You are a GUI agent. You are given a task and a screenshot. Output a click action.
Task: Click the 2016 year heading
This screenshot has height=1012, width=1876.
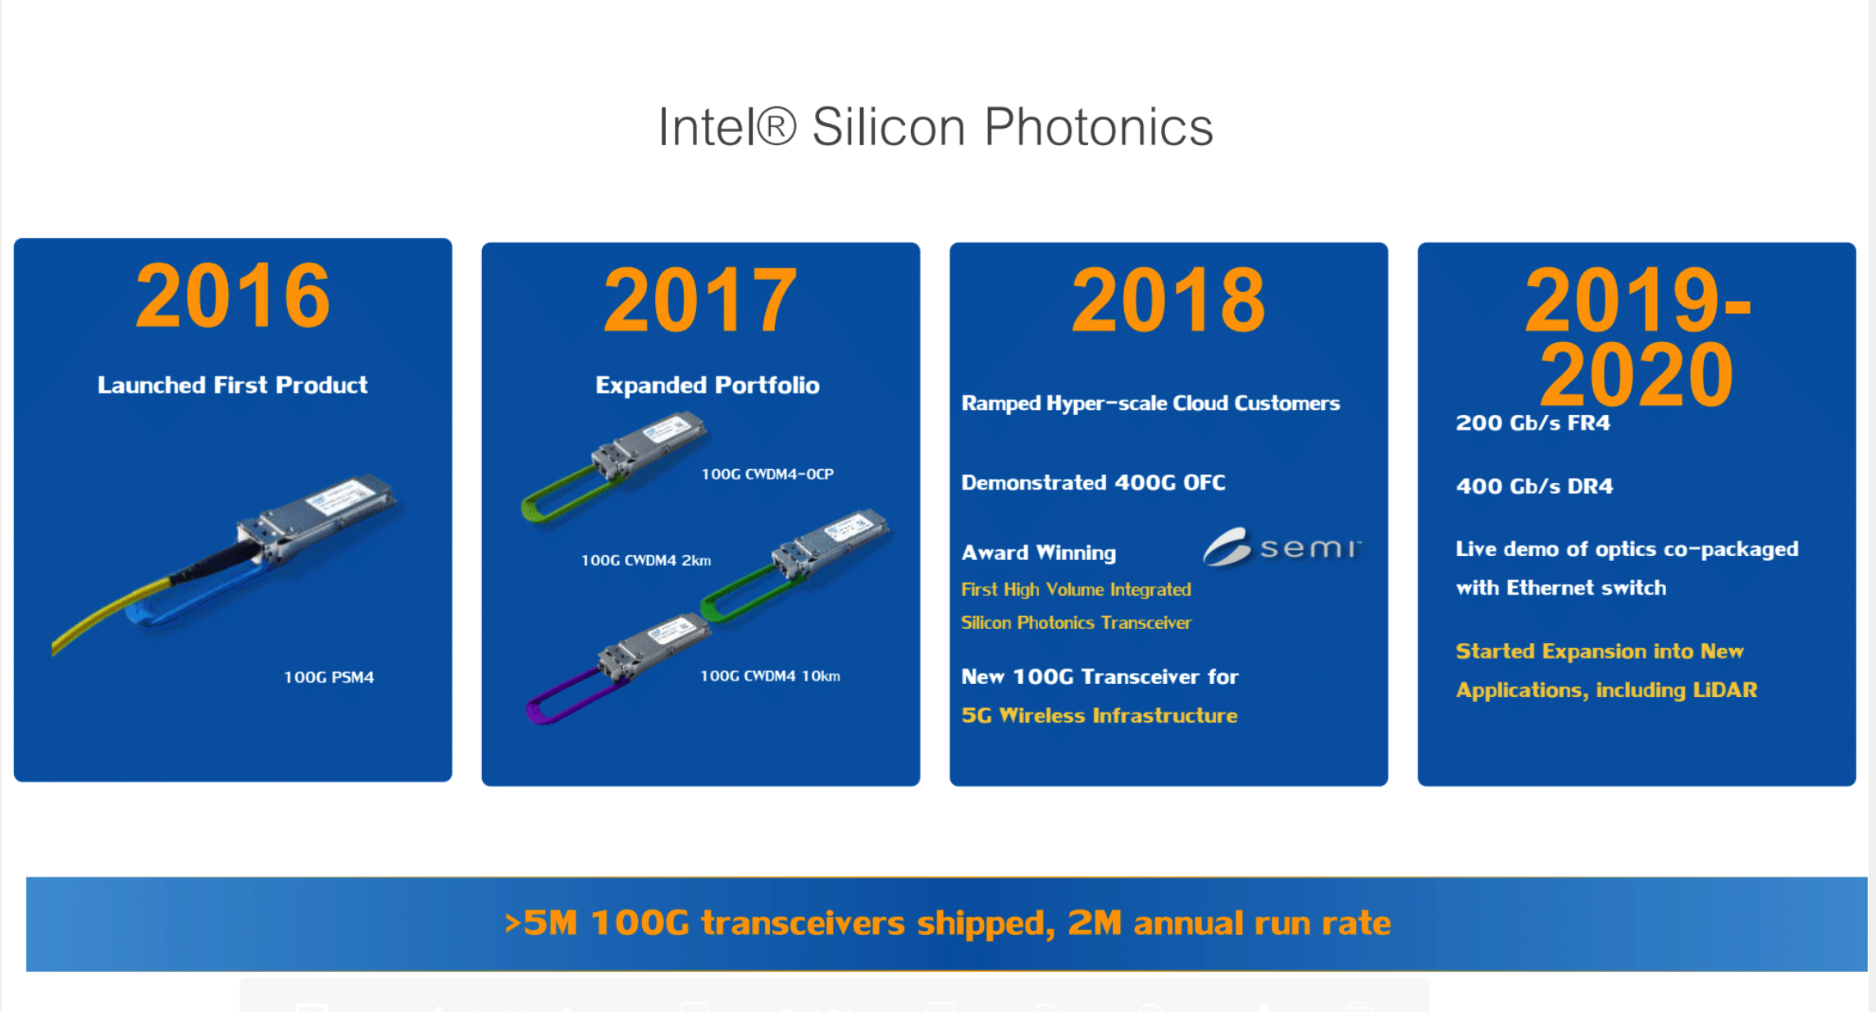(x=233, y=295)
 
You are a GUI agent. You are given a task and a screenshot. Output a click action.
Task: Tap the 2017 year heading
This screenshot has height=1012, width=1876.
(x=700, y=300)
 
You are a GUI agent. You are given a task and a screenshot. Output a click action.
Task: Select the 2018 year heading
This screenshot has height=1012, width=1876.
(x=1168, y=300)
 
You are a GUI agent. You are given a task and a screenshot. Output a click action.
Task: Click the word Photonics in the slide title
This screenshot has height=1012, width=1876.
(x=1098, y=127)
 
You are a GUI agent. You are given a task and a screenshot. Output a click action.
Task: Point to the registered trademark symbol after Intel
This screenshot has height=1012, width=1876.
(x=776, y=127)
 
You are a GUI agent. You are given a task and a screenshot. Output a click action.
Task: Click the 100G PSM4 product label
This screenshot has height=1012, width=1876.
(x=329, y=677)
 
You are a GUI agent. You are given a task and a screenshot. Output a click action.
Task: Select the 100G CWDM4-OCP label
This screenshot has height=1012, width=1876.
(x=767, y=474)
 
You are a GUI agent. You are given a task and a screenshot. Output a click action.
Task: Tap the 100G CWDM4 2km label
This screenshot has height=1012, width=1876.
(x=646, y=560)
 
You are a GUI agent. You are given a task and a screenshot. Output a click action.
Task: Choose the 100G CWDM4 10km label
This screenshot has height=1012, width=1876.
(x=770, y=676)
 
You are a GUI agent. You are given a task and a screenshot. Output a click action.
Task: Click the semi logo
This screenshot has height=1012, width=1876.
(x=1282, y=547)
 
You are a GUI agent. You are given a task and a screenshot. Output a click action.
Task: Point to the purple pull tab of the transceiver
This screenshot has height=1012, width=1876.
(x=566, y=698)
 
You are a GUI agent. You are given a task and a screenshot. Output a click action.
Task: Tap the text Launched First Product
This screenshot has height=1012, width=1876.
(x=233, y=385)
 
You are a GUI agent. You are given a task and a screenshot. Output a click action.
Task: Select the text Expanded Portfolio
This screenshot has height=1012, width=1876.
(x=708, y=385)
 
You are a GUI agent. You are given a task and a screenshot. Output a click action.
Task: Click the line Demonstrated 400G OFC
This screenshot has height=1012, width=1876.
(x=1094, y=482)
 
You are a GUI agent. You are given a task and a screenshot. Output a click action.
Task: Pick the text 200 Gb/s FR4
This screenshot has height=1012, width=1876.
(x=1533, y=423)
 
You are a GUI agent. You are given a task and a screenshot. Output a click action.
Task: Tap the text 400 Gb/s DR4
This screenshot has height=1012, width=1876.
(x=1534, y=486)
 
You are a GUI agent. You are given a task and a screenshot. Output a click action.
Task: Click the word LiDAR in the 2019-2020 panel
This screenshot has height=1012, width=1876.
(x=1725, y=690)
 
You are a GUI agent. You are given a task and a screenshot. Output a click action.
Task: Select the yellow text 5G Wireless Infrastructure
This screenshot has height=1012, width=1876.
(x=1100, y=716)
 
